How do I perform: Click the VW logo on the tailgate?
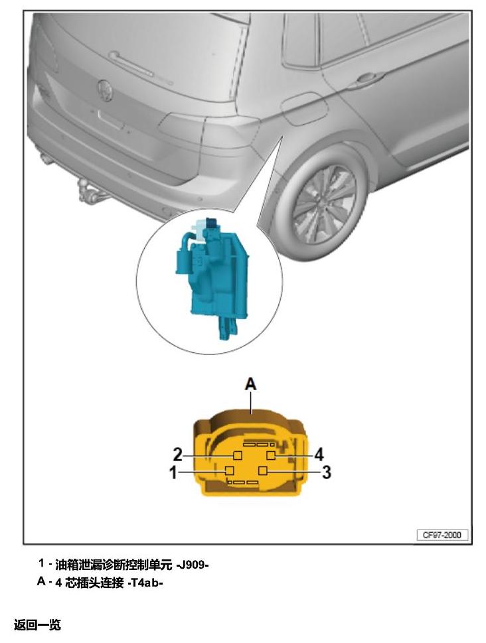click(105, 90)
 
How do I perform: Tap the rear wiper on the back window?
click(139, 66)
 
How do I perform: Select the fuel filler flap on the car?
click(304, 108)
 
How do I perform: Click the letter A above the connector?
click(250, 384)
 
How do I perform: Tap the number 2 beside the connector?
click(177, 455)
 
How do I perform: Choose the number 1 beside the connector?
click(174, 472)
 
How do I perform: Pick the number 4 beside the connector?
click(319, 455)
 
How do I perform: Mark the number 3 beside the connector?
click(327, 472)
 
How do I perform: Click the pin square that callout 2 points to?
click(237, 455)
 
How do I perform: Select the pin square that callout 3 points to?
click(263, 470)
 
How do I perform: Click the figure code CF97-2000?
click(442, 535)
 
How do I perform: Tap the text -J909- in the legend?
click(193, 565)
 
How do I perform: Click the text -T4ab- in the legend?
click(145, 583)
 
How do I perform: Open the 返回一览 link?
click(37, 624)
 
